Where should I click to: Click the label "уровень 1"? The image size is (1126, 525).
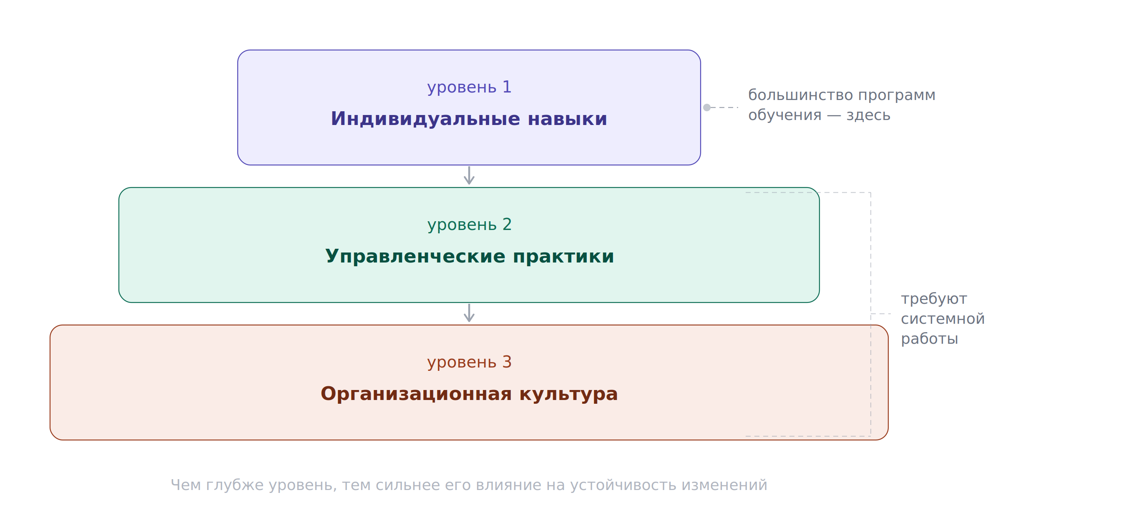[469, 87]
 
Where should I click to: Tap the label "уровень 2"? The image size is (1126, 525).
[469, 225]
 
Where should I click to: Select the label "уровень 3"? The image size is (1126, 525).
[469, 362]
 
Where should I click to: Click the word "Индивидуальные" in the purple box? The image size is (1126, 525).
[425, 119]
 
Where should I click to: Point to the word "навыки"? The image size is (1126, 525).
[567, 119]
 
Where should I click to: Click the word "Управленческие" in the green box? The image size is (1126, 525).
[415, 257]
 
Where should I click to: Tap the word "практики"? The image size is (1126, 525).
[563, 257]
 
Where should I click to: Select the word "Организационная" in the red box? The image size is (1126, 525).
[416, 394]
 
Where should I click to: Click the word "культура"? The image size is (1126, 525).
[569, 395]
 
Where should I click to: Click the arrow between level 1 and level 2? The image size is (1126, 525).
[469, 175]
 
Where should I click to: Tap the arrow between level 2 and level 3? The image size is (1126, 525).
[469, 313]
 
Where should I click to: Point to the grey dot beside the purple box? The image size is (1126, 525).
[707, 107]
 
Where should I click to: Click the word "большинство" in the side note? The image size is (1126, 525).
[799, 95]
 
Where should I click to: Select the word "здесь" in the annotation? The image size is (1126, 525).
[868, 115]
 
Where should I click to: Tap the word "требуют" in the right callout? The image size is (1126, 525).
[934, 299]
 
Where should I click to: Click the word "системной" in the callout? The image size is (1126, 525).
[943, 319]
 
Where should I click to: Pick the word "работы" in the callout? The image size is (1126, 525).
[929, 339]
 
